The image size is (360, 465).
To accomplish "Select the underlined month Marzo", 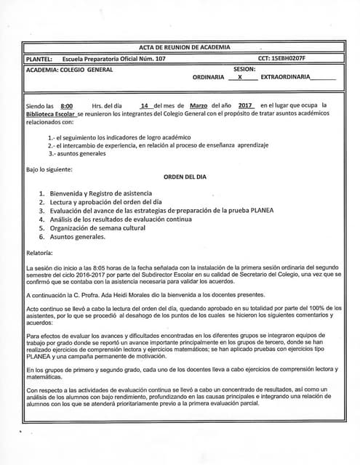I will coord(193,105).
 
